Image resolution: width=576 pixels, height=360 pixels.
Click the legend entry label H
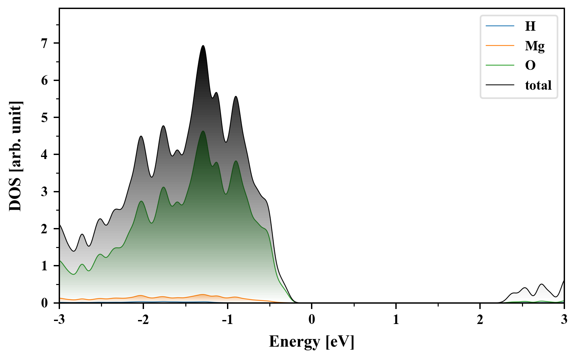[530, 26]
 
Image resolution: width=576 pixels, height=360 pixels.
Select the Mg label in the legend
[535, 46]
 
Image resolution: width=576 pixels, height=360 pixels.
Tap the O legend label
[530, 65]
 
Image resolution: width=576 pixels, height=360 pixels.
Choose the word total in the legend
[538, 85]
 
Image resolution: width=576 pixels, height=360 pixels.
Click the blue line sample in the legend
[500, 26]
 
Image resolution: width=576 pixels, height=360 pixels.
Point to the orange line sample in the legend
[500, 46]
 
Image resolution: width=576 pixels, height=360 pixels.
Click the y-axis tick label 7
[45, 43]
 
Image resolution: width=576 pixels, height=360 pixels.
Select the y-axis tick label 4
[45, 155]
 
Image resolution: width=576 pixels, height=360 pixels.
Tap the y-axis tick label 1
[45, 266]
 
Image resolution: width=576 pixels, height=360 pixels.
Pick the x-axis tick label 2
[480, 320]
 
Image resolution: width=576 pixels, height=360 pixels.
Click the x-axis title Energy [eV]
[311, 342]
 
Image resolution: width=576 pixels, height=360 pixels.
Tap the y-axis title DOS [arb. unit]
[15, 156]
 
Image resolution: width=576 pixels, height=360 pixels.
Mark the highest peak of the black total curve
[203, 46]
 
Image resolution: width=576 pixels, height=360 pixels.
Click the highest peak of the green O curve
[203, 131]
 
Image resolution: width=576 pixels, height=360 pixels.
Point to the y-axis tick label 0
[45, 303]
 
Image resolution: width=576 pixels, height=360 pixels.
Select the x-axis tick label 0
[312, 320]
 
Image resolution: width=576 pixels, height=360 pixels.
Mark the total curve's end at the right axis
[564, 281]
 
